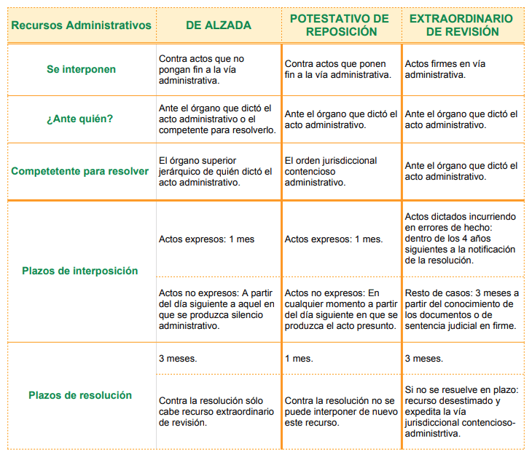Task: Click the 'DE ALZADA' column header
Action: (218, 25)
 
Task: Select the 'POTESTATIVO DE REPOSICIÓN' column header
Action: (341, 25)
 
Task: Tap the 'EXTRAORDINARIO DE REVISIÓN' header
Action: (461, 25)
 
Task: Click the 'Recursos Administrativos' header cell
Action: (81, 25)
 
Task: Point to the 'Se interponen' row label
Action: (81, 69)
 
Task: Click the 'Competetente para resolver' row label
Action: (81, 172)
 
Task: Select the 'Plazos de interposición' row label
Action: (81, 271)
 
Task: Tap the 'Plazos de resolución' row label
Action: (81, 395)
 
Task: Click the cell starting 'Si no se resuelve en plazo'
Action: (461, 412)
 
